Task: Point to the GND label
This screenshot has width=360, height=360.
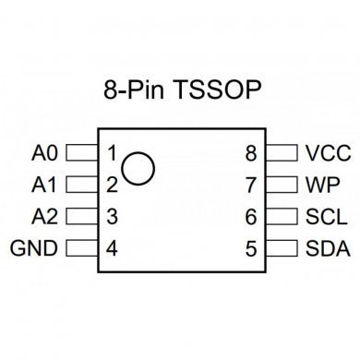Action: pos(34,249)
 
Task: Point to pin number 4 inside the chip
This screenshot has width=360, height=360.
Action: pos(111,249)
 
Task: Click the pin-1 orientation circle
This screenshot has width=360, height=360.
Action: pos(138,166)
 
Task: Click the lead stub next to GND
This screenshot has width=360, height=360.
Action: pos(81,249)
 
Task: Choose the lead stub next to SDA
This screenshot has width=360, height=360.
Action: pos(279,249)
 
